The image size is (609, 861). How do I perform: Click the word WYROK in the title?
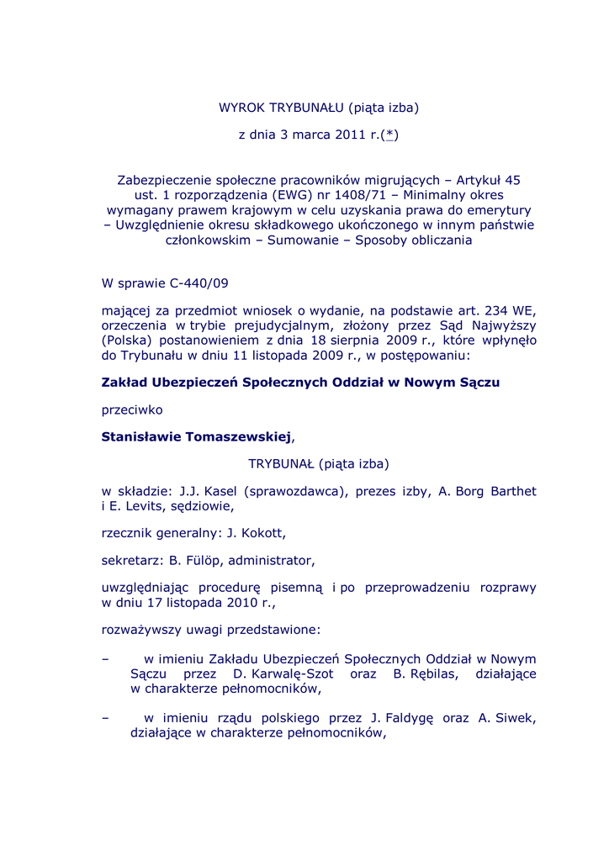click(241, 108)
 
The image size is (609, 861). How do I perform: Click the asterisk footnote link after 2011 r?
click(389, 135)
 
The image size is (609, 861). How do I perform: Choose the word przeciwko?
click(132, 409)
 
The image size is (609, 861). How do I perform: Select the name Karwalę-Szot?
click(291, 673)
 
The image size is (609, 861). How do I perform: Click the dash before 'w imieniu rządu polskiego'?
click(105, 717)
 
